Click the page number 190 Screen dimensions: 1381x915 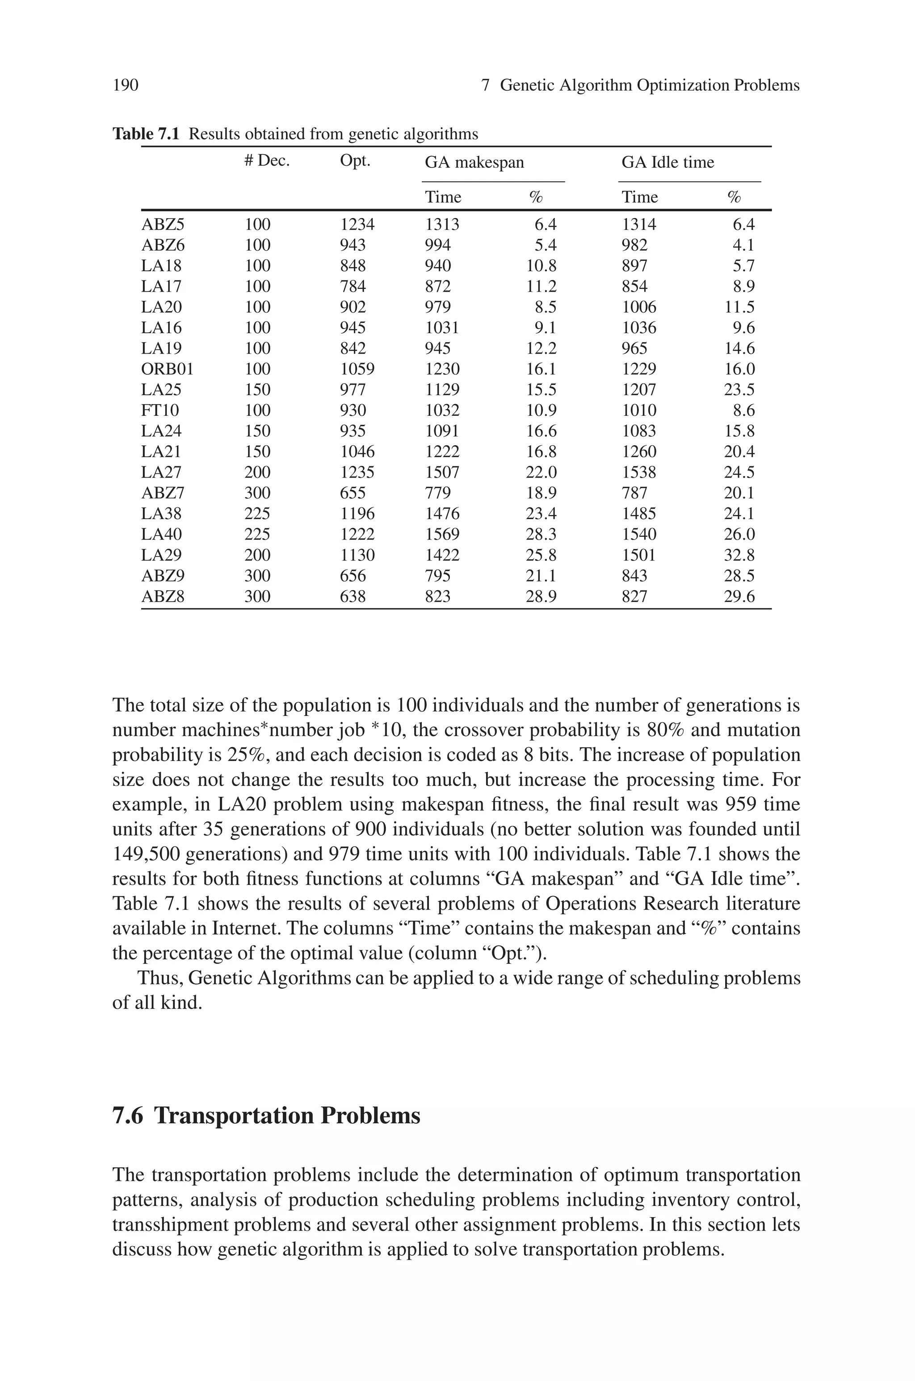(x=126, y=86)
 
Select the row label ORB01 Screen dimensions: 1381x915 (x=167, y=369)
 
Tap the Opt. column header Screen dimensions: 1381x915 (x=355, y=161)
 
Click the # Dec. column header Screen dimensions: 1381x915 (x=267, y=161)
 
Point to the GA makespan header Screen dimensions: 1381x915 (x=474, y=162)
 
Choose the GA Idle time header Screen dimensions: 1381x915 (x=667, y=162)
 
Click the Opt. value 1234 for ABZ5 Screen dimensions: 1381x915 (x=357, y=225)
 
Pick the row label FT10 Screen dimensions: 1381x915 (x=159, y=410)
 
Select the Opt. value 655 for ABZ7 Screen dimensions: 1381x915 (x=353, y=494)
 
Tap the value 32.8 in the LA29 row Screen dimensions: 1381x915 (x=739, y=555)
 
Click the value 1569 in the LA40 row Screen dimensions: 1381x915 (x=442, y=535)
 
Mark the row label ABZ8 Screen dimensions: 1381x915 (x=163, y=597)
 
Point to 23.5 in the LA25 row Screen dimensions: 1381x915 (x=739, y=389)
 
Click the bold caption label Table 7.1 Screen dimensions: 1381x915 (x=145, y=135)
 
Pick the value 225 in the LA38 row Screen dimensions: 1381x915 (x=257, y=514)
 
